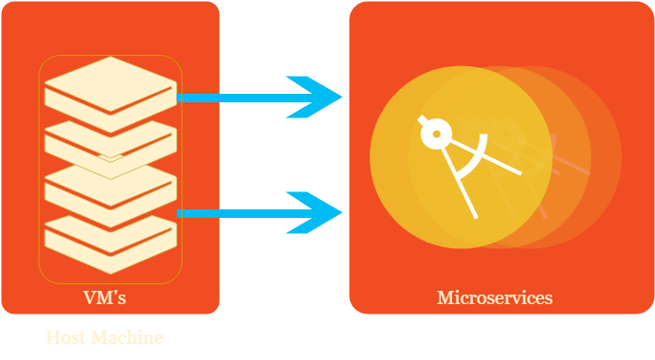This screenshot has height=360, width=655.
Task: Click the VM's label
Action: pos(104,297)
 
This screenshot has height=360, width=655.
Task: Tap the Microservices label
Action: pos(494,297)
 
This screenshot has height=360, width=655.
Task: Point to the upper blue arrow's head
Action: pos(322,97)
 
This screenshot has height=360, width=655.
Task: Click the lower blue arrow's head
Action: pos(322,213)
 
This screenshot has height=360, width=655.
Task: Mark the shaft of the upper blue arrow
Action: pos(237,97)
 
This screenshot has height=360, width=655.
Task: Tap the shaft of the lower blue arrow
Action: pos(237,213)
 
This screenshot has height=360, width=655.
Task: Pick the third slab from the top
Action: pos(110,185)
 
